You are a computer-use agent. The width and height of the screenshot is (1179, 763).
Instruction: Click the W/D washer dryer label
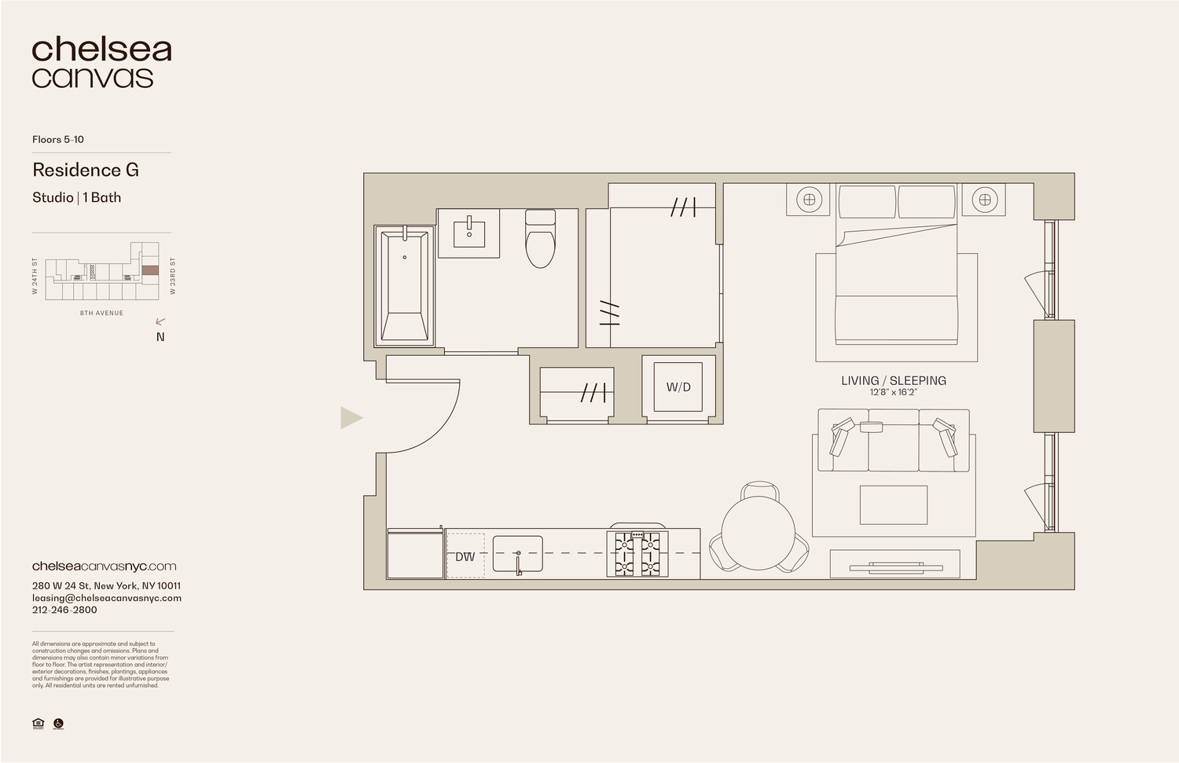pyautogui.click(x=678, y=387)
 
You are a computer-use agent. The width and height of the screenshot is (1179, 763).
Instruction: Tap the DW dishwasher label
pyautogui.click(x=465, y=556)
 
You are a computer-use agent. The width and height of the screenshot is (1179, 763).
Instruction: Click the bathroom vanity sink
pyautogui.click(x=469, y=233)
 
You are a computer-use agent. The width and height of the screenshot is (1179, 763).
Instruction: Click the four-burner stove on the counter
pyautogui.click(x=637, y=554)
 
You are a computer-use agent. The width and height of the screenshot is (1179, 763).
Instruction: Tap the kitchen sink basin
pyautogui.click(x=517, y=554)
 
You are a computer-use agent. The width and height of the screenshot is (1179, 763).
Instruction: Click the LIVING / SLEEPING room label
pyautogui.click(x=894, y=380)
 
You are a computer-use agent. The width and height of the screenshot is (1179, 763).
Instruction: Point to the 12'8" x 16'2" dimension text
pyautogui.click(x=894, y=392)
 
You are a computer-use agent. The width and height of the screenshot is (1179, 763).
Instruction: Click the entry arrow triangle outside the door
pyautogui.click(x=351, y=417)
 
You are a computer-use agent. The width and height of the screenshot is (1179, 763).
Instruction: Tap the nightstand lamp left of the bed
pyautogui.click(x=809, y=200)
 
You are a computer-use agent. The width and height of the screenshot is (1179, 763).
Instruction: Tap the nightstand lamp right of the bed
pyautogui.click(x=984, y=200)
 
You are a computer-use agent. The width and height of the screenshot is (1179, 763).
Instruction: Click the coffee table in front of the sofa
pyautogui.click(x=894, y=504)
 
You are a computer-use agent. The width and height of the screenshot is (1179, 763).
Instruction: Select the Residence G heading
pyautogui.click(x=86, y=170)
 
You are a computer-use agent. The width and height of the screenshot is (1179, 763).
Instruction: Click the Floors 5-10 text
pyautogui.click(x=58, y=139)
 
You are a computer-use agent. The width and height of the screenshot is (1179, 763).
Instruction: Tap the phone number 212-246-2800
pyautogui.click(x=64, y=610)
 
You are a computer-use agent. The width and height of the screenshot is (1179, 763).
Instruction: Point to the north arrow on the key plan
pyautogui.click(x=161, y=321)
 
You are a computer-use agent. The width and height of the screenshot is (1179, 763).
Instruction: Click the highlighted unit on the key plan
pyautogui.click(x=149, y=270)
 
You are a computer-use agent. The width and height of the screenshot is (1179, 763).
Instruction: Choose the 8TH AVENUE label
pyautogui.click(x=101, y=313)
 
